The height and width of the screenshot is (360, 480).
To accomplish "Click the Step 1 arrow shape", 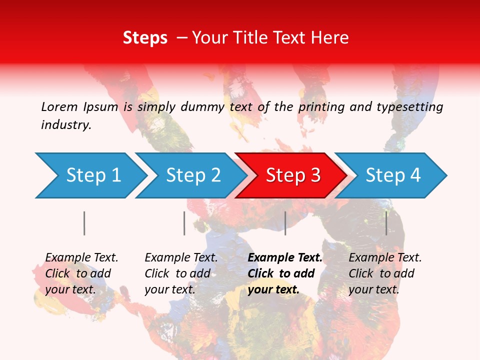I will tap(92, 175).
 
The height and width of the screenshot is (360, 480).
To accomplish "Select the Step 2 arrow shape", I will tap(192, 175).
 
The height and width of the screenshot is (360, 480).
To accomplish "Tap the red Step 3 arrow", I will tap(292, 175).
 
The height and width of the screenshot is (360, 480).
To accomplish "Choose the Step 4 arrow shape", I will tap(392, 175).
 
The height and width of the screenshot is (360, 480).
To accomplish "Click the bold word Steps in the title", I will tap(145, 37).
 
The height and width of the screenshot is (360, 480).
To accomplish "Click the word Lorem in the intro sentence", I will tap(59, 106).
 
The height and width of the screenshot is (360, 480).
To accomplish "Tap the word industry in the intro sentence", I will tap(66, 125).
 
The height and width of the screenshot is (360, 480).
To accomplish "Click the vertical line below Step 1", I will tap(84, 223).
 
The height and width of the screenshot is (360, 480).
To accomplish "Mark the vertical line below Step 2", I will tap(184, 223).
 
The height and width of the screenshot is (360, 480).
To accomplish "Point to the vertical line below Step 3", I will tap(285, 223).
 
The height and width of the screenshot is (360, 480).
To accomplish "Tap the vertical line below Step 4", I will tap(386, 223).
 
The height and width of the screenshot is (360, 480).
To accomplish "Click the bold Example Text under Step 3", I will tap(285, 257).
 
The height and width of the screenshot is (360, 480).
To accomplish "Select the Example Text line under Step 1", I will tap(81, 257).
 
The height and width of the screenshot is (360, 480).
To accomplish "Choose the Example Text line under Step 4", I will tap(385, 257).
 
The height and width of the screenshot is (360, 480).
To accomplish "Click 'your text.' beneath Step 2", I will tap(169, 289).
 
